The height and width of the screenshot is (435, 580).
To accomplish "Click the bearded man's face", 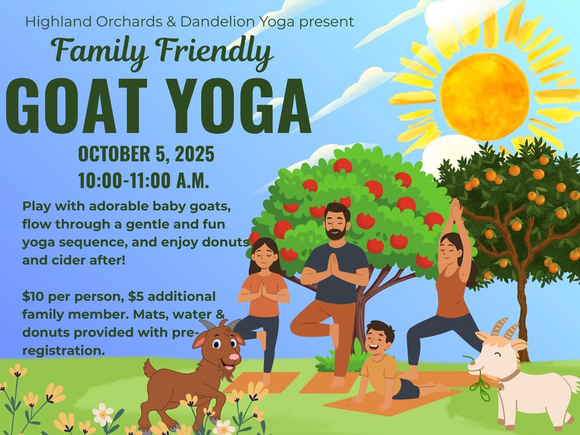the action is click(x=336, y=224).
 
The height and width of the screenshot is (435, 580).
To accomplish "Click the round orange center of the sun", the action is click(x=485, y=96).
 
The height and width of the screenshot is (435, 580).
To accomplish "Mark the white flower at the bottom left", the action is click(x=103, y=414).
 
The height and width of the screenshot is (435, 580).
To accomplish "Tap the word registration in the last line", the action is click(x=63, y=350).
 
